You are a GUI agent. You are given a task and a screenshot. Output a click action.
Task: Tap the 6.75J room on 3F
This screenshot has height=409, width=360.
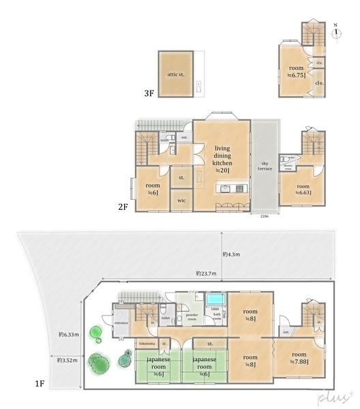pos(296,71)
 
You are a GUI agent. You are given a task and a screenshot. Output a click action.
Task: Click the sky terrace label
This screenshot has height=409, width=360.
pos(265,166)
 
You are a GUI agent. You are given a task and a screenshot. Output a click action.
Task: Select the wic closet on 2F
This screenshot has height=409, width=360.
pos(181,201)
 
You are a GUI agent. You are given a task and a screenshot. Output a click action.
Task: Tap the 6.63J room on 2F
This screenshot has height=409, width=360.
pos(303,189)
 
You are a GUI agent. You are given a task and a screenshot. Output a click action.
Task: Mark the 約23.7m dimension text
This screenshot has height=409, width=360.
pos(205,273)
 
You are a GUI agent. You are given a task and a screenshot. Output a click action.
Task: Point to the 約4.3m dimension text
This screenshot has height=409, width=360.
pos(230,254)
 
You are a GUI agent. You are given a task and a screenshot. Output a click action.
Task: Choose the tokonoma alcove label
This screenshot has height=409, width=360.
pos(147,344)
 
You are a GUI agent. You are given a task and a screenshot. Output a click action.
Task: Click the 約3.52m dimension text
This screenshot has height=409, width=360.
pos(65,359)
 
